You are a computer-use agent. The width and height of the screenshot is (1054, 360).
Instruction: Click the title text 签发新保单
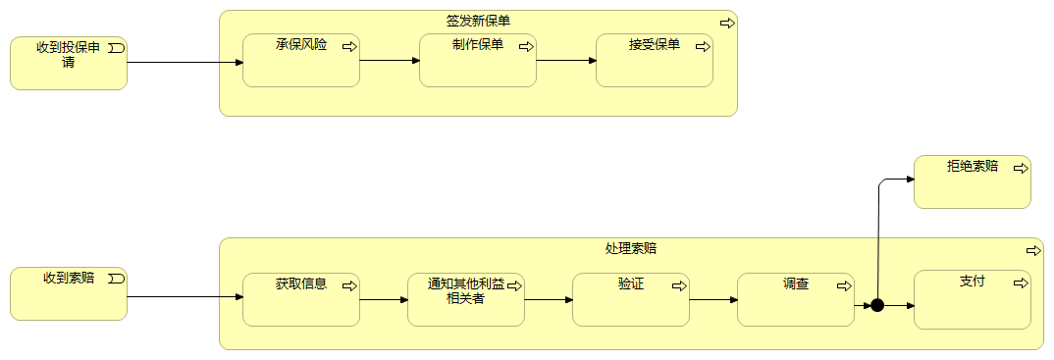478,21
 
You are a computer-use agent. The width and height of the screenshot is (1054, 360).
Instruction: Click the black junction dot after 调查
877,305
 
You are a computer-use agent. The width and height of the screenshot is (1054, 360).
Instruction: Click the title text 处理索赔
631,249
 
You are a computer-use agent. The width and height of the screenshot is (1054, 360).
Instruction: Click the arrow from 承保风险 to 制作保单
390,60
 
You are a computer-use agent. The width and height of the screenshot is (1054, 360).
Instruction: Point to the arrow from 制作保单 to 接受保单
566,60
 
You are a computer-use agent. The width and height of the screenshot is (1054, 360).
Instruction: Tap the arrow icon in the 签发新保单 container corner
726,23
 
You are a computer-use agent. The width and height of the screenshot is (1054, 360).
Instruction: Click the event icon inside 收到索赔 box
117,279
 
